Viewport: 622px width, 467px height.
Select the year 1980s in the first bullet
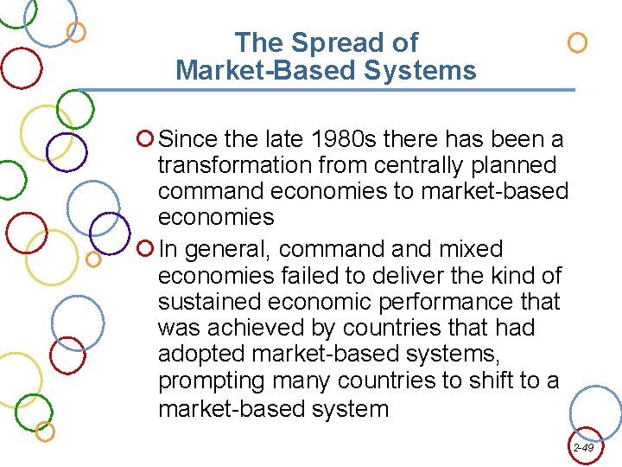332,138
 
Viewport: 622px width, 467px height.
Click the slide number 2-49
582,447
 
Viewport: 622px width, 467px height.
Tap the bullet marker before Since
145,138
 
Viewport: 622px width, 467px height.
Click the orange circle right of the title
577,42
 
